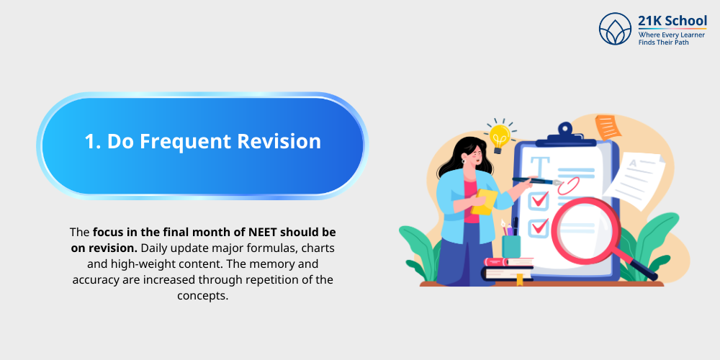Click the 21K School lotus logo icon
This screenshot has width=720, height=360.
pos(616,29)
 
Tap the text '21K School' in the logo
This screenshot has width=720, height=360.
pos(672,21)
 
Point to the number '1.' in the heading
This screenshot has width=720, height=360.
pos(93,142)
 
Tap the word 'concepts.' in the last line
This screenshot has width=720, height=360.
pos(202,296)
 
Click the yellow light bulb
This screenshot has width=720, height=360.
pos(500,136)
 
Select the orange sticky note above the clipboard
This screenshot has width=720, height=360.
pos(608,127)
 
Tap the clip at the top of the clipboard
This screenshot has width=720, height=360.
pos(565,134)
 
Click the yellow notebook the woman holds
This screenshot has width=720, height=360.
pos(485,202)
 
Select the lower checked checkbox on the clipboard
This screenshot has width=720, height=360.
pos(538,228)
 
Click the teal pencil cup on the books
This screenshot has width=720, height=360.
pos(511,246)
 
